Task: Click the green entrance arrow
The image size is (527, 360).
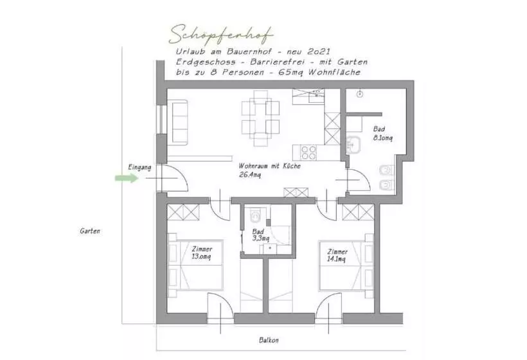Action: point(127,178)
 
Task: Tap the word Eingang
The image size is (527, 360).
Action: point(139,167)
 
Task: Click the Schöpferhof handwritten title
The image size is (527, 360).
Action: point(220,35)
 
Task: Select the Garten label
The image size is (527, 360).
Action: point(90,231)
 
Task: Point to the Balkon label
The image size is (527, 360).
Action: point(269,340)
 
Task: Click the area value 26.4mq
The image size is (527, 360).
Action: point(250,175)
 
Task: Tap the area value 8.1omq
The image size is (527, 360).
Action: point(383,138)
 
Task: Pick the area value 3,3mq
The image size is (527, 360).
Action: point(261,239)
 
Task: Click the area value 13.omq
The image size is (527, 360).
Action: point(201,256)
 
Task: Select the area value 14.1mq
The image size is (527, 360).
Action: point(336,259)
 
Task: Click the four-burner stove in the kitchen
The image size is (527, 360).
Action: point(308,152)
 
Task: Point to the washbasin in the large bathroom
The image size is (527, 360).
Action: point(353,145)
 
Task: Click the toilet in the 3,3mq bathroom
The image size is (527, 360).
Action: point(256,215)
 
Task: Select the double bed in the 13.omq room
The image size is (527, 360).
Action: point(195,265)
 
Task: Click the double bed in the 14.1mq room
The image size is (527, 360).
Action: point(346,265)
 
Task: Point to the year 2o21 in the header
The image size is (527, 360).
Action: point(319,52)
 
